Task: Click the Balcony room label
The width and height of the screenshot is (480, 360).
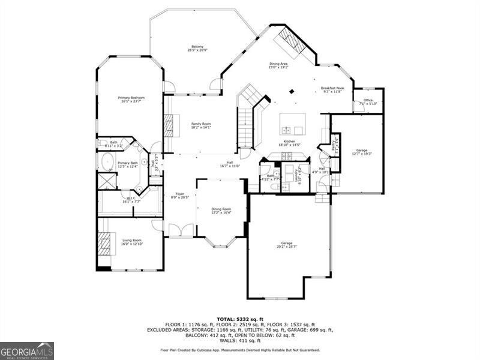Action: pyautogui.click(x=197, y=49)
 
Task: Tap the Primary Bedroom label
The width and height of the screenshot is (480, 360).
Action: pyautogui.click(x=131, y=100)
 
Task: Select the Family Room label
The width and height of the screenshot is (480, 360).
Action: pyautogui.click(x=201, y=125)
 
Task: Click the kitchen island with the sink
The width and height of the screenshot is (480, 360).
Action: pyautogui.click(x=292, y=124)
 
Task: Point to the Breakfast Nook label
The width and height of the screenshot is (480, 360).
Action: pyautogui.click(x=332, y=90)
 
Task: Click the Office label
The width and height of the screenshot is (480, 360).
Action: pyautogui.click(x=368, y=102)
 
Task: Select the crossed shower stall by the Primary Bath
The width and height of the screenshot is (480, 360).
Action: pyautogui.click(x=107, y=181)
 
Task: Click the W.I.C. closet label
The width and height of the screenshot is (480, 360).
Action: pyautogui.click(x=131, y=200)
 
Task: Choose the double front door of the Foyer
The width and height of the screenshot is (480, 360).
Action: pyautogui.click(x=178, y=230)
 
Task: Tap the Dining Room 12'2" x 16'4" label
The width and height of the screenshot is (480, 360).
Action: pyautogui.click(x=221, y=211)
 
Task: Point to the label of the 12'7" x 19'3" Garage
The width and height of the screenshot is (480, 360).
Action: pyautogui.click(x=361, y=152)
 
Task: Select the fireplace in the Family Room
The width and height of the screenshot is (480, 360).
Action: pyautogui.click(x=169, y=125)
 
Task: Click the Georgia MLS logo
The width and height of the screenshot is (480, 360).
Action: pyautogui.click(x=27, y=350)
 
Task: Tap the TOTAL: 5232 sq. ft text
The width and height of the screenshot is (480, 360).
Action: pyautogui.click(x=239, y=319)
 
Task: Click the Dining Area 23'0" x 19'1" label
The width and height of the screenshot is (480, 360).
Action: pyautogui.click(x=278, y=65)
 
